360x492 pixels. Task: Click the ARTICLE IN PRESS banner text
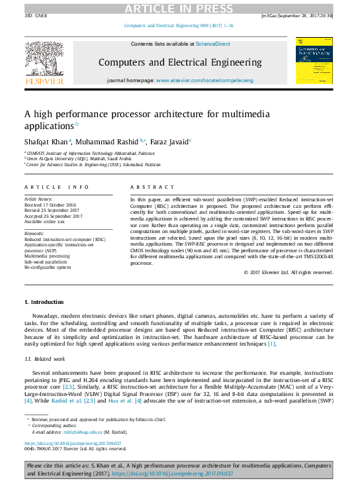click(x=180, y=7)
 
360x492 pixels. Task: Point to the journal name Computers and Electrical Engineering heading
click(x=179, y=62)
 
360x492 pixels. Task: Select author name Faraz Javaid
click(x=168, y=141)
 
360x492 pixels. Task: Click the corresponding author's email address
click(x=73, y=432)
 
